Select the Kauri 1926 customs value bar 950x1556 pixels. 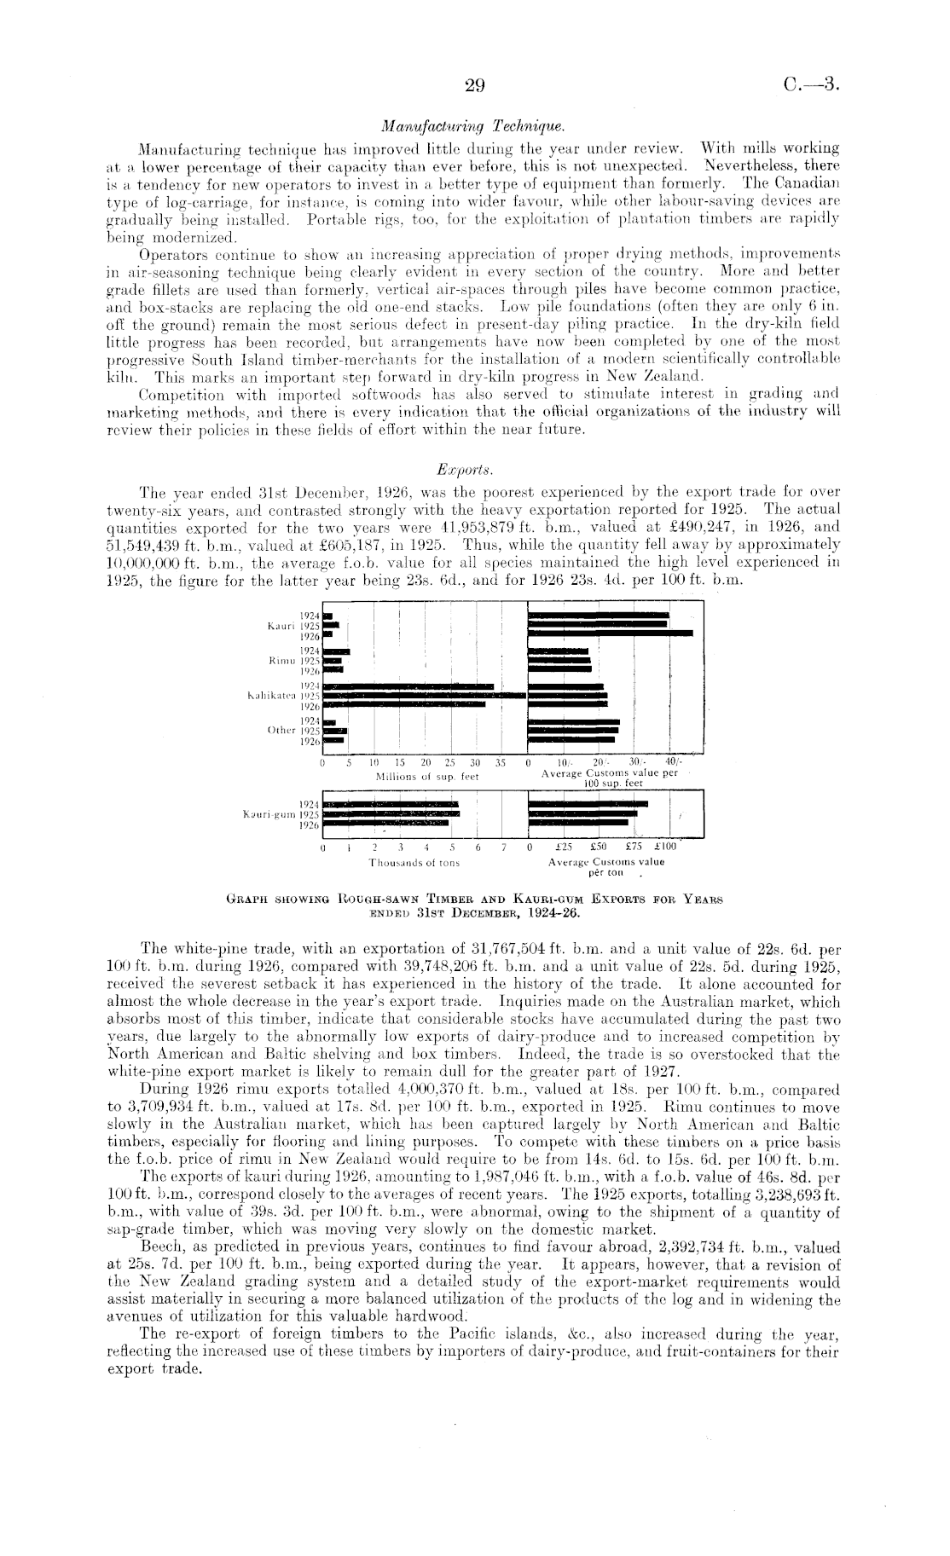click(611, 633)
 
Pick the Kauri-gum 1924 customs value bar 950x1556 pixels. click(588, 803)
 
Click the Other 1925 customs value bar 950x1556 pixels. click(573, 731)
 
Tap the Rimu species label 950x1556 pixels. click(281, 661)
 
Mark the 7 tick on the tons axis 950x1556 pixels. click(504, 849)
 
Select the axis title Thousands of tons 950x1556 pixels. click(414, 863)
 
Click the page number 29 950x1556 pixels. click(475, 84)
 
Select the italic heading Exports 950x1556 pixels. click(476, 470)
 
